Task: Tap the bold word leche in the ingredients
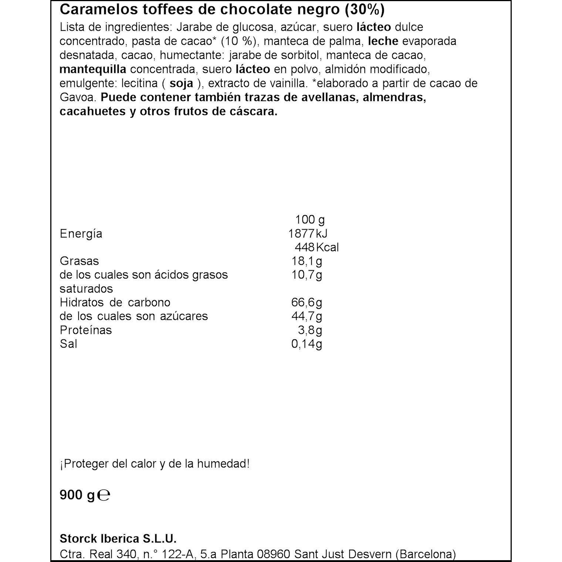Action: (x=383, y=41)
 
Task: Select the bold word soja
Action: (x=181, y=83)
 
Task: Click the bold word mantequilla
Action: (x=93, y=69)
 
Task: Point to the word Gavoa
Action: (x=77, y=98)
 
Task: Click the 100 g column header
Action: (x=309, y=220)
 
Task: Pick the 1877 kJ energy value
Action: (x=308, y=234)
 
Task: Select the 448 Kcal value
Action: (x=316, y=247)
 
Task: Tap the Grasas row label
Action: (x=79, y=261)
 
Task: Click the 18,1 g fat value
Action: (x=307, y=261)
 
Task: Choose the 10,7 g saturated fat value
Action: (x=307, y=275)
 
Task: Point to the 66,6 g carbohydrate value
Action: (x=307, y=302)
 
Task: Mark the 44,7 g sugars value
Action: (x=307, y=316)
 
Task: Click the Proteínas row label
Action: (x=85, y=330)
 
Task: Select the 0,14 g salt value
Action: (x=307, y=344)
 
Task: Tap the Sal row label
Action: (x=68, y=344)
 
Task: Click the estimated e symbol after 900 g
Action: (x=104, y=495)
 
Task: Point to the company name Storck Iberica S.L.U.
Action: (x=118, y=538)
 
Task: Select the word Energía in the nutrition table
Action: (x=81, y=234)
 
